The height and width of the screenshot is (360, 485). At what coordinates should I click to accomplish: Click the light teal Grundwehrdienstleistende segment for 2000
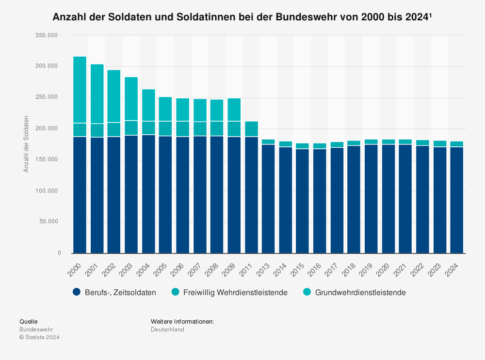(80, 90)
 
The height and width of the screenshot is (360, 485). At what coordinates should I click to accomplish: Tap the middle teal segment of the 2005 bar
(165, 128)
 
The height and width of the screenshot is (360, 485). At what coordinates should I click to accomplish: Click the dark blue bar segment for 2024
(456, 200)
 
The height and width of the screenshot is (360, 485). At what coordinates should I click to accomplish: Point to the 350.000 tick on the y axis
(47, 35)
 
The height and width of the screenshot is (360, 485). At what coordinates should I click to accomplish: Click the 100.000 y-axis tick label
(47, 191)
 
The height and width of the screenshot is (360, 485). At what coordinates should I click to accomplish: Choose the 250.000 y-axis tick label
(47, 97)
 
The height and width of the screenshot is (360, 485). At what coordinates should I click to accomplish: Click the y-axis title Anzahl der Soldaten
(26, 144)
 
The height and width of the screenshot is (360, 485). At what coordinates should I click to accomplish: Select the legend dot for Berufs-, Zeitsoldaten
(76, 292)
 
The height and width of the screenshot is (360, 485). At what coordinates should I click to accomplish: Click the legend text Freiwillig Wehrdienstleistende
(235, 293)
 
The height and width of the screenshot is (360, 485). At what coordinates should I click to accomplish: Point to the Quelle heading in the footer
(28, 321)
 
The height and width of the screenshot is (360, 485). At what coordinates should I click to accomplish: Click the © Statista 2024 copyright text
(39, 337)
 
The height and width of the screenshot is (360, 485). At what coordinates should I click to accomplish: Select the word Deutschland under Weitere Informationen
(167, 329)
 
